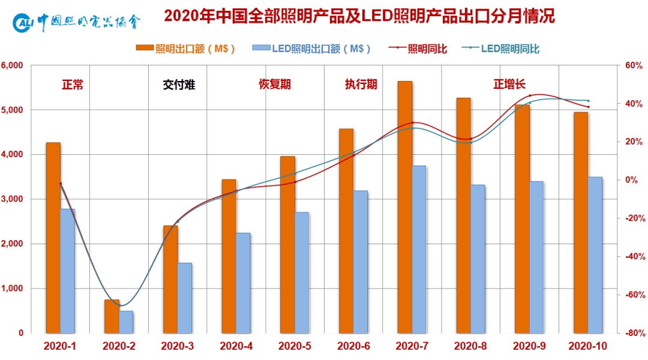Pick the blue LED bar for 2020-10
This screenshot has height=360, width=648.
tap(595, 254)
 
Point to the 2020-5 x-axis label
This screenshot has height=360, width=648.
tap(295, 346)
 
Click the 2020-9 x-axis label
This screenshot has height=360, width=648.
tap(529, 346)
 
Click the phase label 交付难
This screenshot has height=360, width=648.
tap(179, 85)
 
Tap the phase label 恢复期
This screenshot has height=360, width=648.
tap(275, 85)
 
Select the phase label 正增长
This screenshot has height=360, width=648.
tap(509, 85)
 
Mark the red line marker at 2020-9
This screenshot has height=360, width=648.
tap(530, 96)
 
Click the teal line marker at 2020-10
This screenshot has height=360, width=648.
tap(588, 101)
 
